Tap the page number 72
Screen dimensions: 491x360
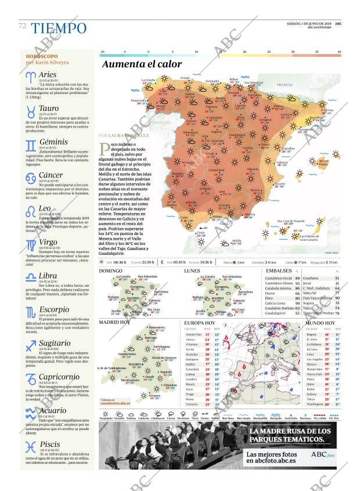point(22,26)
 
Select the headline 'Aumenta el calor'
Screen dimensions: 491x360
point(142,64)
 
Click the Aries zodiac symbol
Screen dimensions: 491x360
point(30,76)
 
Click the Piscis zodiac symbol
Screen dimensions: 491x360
point(30,447)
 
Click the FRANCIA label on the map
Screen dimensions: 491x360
point(285,85)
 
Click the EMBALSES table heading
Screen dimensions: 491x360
point(279,271)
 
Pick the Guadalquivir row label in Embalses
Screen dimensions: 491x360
point(278,313)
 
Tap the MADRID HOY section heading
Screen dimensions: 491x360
point(114,322)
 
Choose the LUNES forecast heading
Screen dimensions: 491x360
point(192,271)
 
